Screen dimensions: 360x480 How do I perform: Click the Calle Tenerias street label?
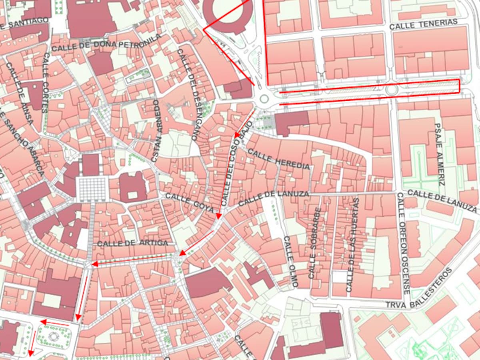click(423, 24)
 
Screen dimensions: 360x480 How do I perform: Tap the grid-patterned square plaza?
click(92, 188)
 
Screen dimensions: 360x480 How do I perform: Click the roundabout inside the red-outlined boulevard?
click(391, 89)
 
